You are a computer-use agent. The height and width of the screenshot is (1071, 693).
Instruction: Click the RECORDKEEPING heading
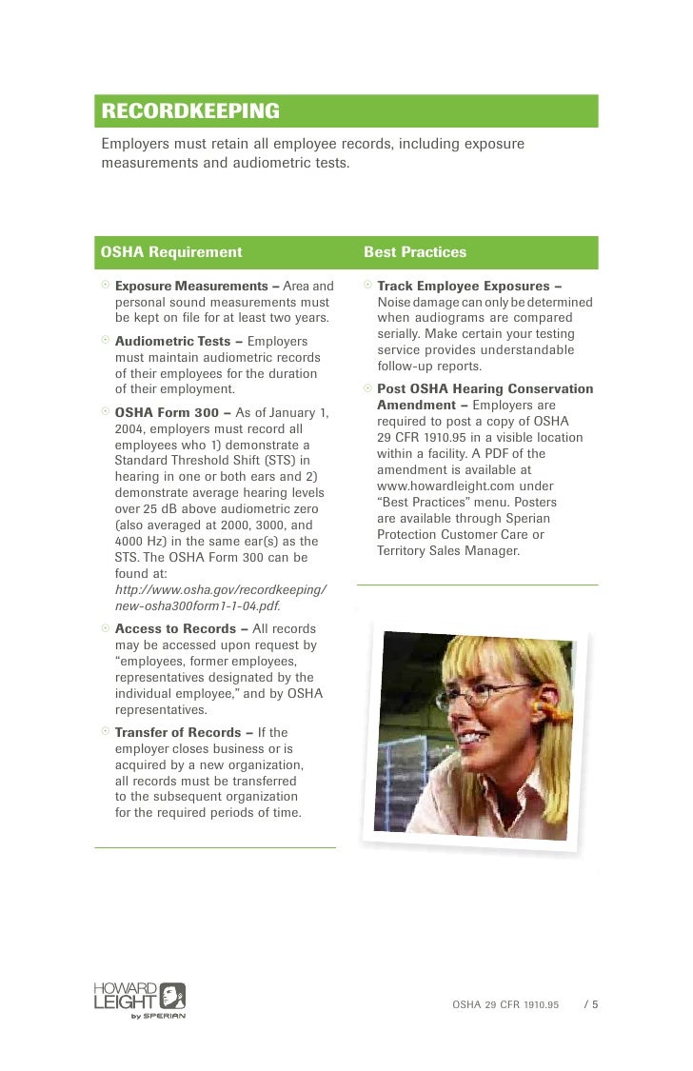coord(190,111)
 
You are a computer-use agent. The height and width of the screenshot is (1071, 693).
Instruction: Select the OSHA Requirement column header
coord(171,252)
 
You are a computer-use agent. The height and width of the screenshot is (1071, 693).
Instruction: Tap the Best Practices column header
coord(415,252)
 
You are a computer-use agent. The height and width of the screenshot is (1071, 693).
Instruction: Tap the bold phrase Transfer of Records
coord(181,732)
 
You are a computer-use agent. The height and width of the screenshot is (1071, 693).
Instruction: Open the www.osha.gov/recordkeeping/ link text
coord(221,590)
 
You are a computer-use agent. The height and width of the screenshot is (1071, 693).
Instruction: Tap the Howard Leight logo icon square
coord(172,996)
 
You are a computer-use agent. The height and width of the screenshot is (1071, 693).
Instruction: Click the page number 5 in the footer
coord(595,1004)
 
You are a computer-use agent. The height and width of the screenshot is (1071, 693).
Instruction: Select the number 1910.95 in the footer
coord(539,1004)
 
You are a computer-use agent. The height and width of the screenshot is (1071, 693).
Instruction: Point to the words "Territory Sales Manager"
coord(448,550)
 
